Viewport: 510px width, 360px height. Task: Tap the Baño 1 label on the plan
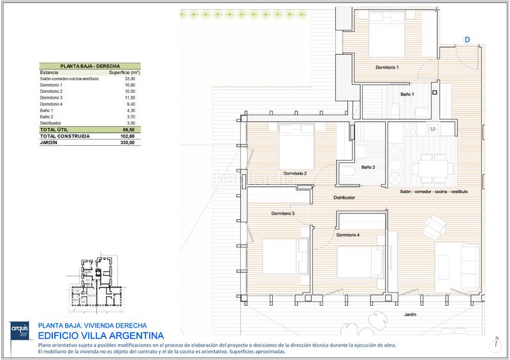(x=408, y=95)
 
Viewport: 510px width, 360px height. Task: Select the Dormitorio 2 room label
(x=295, y=173)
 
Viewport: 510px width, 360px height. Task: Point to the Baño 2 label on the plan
(x=367, y=168)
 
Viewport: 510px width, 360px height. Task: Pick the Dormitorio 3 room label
(x=282, y=213)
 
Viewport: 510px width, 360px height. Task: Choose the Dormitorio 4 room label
(x=349, y=235)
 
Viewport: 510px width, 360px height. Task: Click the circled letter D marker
(x=467, y=40)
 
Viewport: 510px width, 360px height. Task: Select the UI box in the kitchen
(x=433, y=129)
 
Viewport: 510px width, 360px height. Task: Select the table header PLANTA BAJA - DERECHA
(x=90, y=66)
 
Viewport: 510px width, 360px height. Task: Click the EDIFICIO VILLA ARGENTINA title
(x=101, y=335)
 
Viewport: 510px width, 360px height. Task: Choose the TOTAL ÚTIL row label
(x=55, y=129)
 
